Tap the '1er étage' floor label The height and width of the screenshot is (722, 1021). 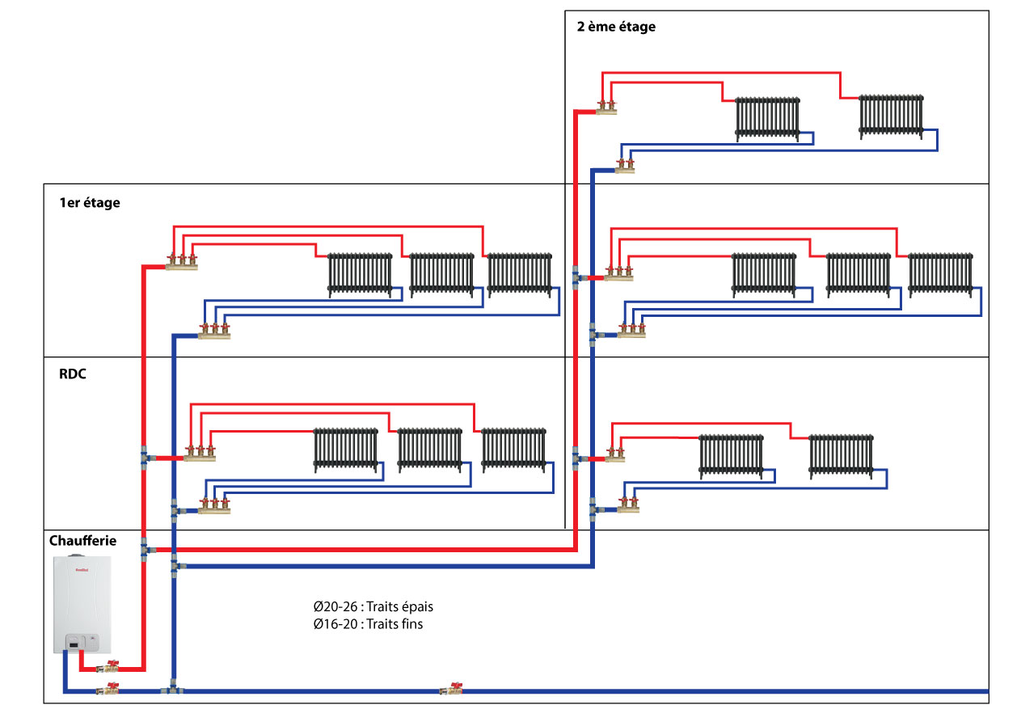coord(89,203)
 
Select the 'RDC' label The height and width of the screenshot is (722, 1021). coord(73,375)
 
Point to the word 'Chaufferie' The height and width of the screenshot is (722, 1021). coord(82,540)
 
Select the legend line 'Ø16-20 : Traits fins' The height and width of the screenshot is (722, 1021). coord(369,623)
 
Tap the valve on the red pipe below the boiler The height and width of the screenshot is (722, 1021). coord(108,668)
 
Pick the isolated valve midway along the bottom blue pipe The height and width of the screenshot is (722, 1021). coord(450,690)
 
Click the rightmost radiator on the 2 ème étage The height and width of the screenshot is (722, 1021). coord(890,116)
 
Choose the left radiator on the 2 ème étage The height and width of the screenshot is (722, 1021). coord(767,119)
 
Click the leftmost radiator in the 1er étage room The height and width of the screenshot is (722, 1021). coord(360,274)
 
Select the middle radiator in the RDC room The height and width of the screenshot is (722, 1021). coord(429,449)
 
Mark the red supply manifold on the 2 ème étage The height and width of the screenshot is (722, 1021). coord(606,107)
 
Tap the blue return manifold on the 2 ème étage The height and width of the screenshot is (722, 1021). coord(624,167)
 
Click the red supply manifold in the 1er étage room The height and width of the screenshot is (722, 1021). coord(182,263)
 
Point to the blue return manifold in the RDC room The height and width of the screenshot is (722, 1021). coord(214,509)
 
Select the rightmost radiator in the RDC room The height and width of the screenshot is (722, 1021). coord(514,449)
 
